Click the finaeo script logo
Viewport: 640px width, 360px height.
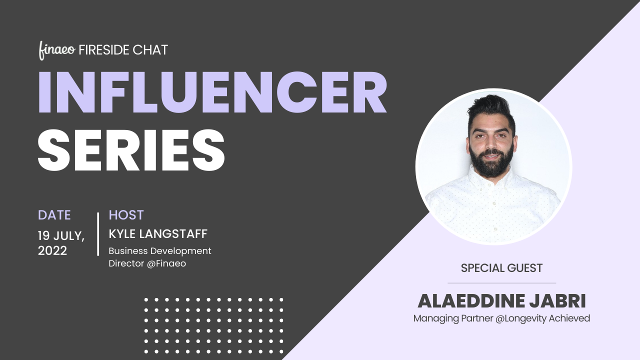click(57, 50)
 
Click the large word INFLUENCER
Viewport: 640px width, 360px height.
click(212, 92)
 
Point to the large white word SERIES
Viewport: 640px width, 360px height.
click(131, 149)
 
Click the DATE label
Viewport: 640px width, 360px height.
click(54, 215)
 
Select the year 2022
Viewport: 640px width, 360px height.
click(52, 250)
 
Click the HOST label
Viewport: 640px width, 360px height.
click(126, 215)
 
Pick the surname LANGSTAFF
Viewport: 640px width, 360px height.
click(173, 234)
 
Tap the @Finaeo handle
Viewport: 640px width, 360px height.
click(166, 263)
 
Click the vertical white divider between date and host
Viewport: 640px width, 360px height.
click(98, 234)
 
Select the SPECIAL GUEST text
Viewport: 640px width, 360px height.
click(501, 268)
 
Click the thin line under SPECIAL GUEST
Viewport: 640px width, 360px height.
click(501, 283)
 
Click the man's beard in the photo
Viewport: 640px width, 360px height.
click(491, 163)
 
